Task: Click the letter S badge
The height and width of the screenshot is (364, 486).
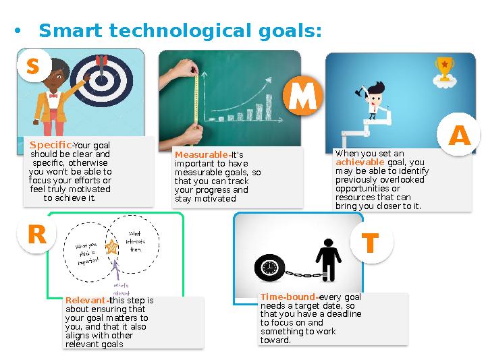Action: pyautogui.click(x=33, y=65)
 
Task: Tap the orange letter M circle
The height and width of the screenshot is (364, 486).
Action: pyautogui.click(x=302, y=96)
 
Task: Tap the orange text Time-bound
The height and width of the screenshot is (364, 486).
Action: pyautogui.click(x=288, y=297)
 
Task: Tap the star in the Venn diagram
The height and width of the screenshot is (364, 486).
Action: pyautogui.click(x=112, y=247)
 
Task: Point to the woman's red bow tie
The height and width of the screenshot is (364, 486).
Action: pyautogui.click(x=53, y=96)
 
